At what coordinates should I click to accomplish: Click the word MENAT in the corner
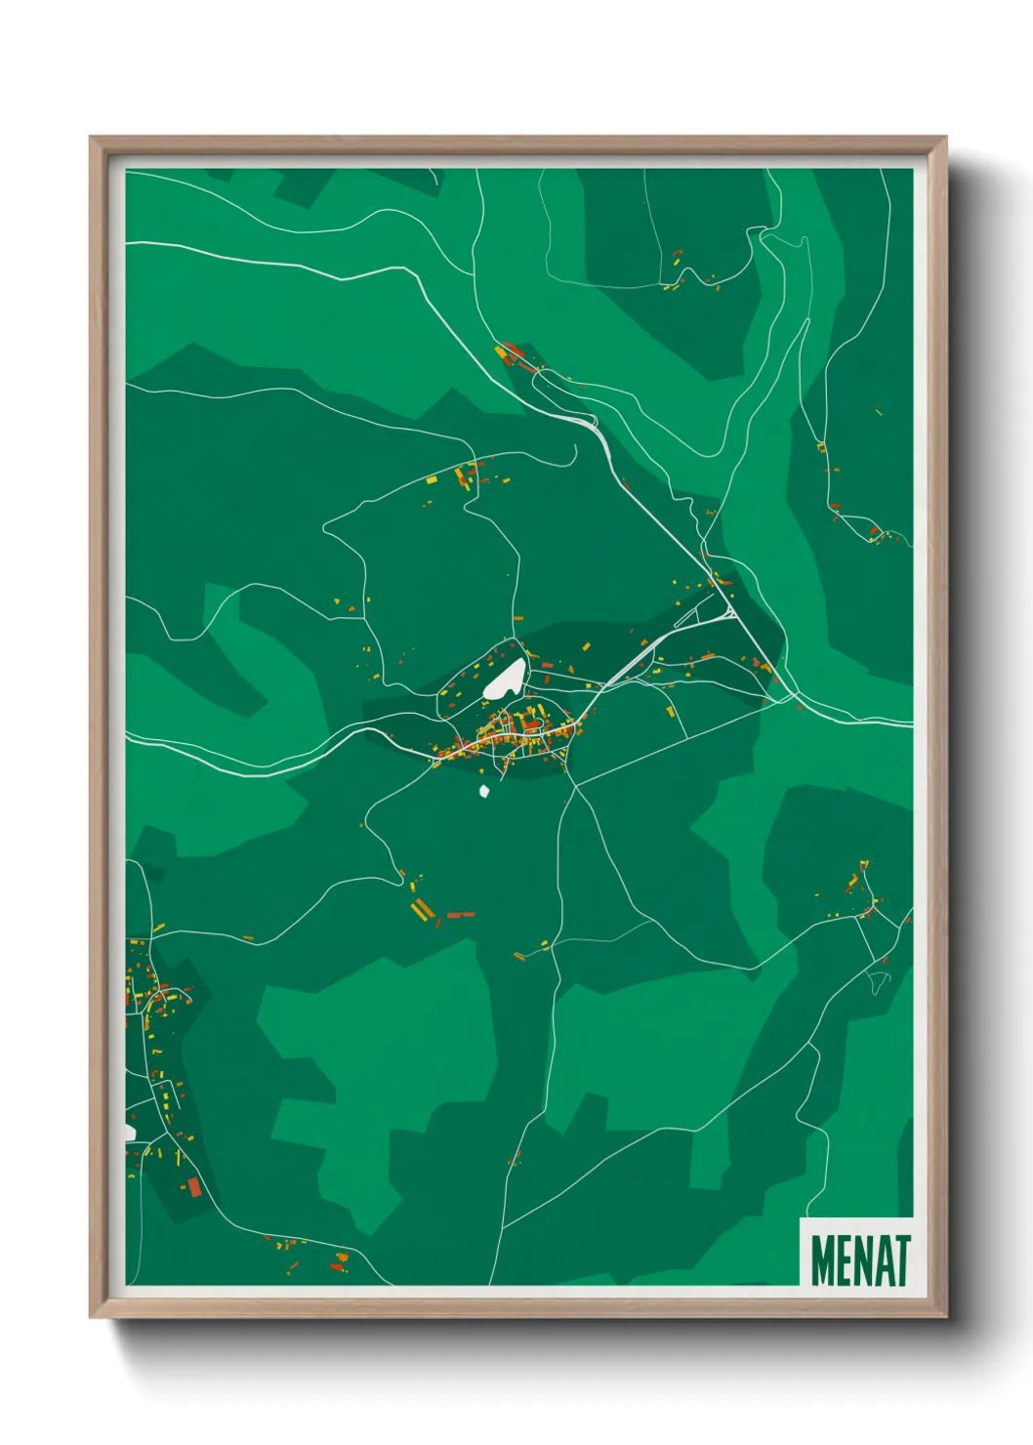tap(859, 1260)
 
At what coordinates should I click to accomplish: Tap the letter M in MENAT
tap(821, 1260)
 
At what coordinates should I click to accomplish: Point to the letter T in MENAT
tap(901, 1260)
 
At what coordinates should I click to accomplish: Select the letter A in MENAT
tap(882, 1260)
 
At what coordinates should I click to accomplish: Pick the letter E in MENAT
tap(843, 1260)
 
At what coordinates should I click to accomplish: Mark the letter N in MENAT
tap(861, 1260)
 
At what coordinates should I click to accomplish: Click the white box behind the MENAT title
tap(856, 1226)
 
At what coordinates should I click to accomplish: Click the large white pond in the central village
tap(507, 678)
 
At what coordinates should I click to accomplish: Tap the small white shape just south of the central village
tap(483, 792)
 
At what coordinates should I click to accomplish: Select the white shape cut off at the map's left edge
tap(129, 1132)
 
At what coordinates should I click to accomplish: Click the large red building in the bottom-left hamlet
tap(193, 1186)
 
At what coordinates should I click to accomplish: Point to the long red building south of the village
tap(460, 915)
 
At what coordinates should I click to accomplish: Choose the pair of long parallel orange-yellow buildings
tap(422, 910)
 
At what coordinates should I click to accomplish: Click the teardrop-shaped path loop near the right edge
tap(878, 981)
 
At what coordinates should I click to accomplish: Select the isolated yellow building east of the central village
tap(670, 710)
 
